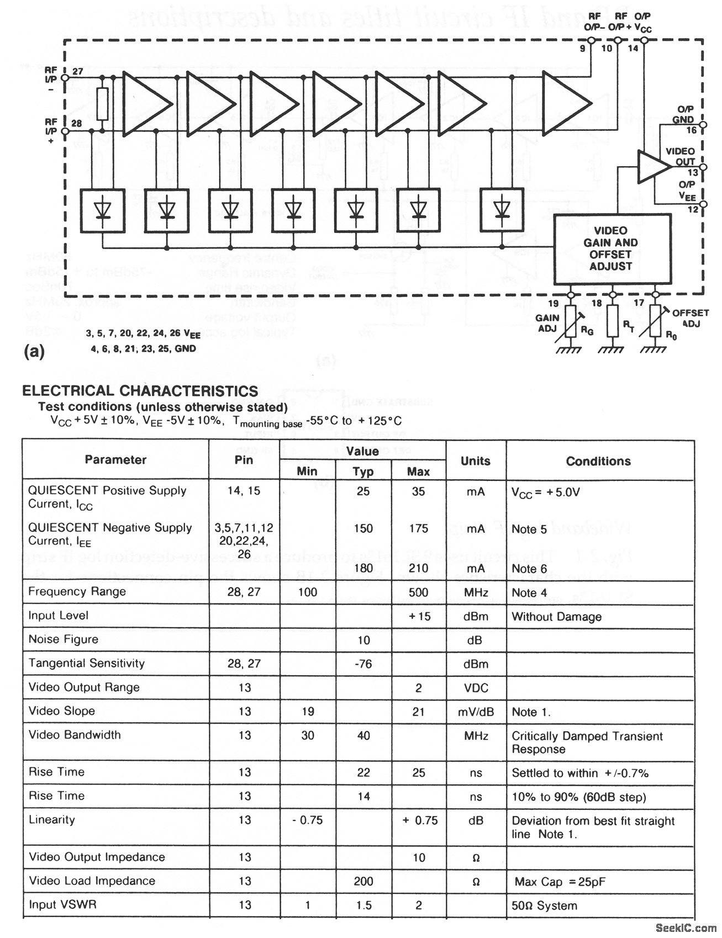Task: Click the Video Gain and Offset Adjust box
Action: pos(612,249)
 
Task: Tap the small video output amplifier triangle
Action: pos(652,166)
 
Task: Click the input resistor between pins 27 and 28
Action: pos(102,104)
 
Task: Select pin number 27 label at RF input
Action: pos(77,71)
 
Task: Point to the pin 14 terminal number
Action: pos(633,49)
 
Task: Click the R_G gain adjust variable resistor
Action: pos(570,321)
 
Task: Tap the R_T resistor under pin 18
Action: pos(612,321)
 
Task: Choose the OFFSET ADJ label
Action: pos(690,318)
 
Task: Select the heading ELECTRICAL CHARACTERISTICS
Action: pos(140,391)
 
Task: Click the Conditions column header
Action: pos(598,461)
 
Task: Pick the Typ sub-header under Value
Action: pos(363,471)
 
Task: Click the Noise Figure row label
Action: pos(64,639)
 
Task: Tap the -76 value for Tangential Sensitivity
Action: pos(363,664)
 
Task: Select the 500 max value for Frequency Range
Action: pos(418,592)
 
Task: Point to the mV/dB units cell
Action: pos(476,712)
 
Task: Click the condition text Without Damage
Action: pos(556,617)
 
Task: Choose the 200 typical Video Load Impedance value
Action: pos(363,881)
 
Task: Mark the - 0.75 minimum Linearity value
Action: pos(308,820)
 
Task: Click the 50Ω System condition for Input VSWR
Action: pos(544,905)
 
